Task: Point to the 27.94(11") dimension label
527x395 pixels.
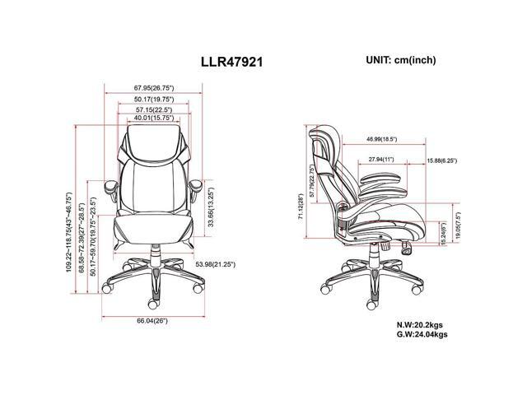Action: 381,160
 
